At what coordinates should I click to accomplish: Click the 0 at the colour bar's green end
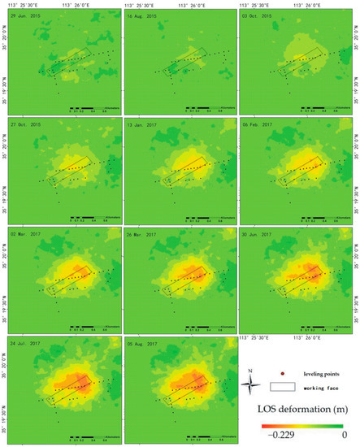pos(345,436)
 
